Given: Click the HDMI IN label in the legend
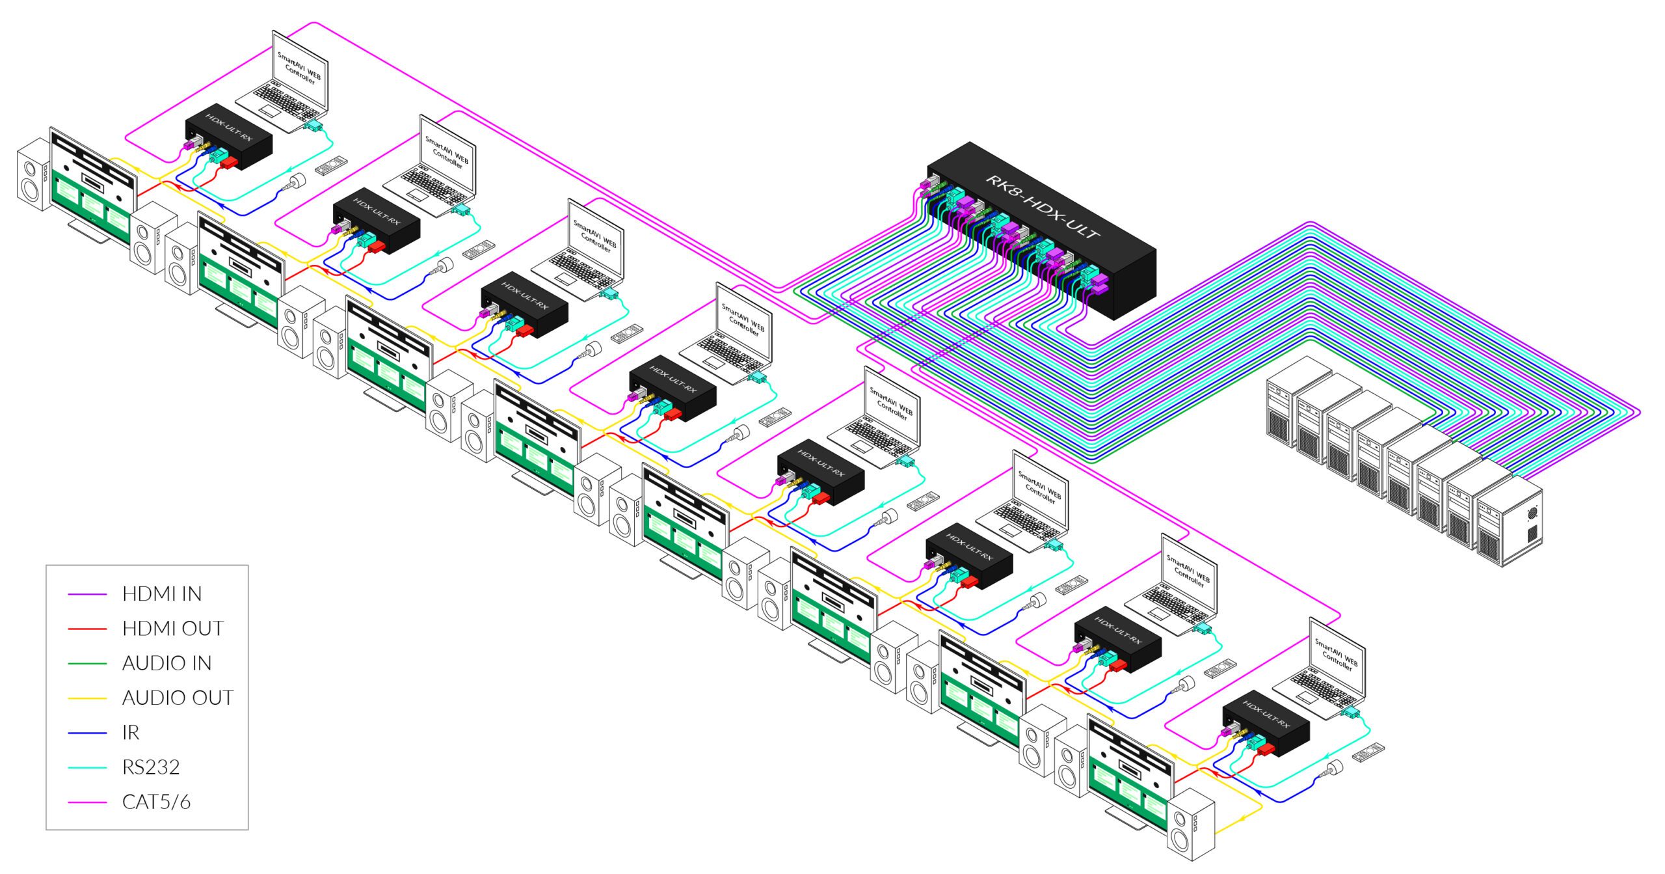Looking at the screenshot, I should pyautogui.click(x=161, y=594).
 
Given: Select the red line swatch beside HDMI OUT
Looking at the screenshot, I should pyautogui.click(x=87, y=629).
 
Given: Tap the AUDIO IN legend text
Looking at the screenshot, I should pyautogui.click(x=166, y=663).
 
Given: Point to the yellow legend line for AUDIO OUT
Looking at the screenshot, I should pyautogui.click(x=87, y=698).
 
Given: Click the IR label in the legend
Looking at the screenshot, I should pyautogui.click(x=131, y=733).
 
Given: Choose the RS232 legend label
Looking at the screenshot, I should pyautogui.click(x=151, y=767).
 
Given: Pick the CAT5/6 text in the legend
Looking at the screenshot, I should pyautogui.click(x=156, y=802).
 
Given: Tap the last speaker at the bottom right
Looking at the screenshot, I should pyautogui.click(x=1190, y=826).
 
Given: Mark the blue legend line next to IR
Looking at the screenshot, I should pyautogui.click(x=87, y=733).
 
